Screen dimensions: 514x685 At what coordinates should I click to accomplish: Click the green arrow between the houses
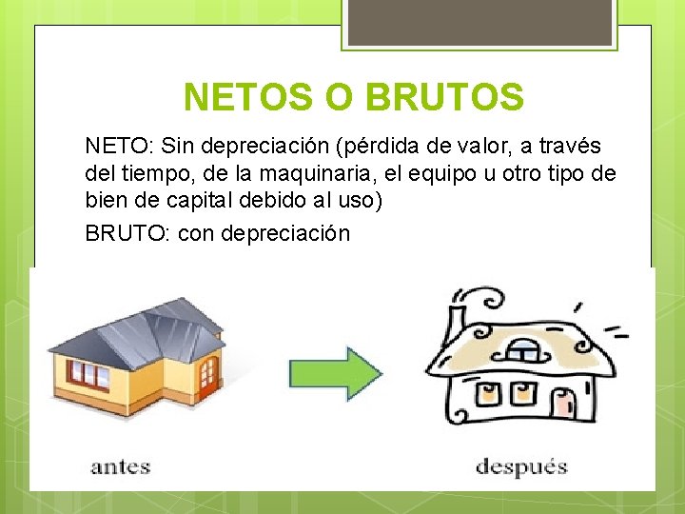334,367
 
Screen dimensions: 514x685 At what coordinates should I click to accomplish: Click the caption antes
121,466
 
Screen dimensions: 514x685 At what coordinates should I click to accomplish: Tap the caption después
521,466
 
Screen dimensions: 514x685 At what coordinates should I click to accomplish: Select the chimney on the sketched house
458,315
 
